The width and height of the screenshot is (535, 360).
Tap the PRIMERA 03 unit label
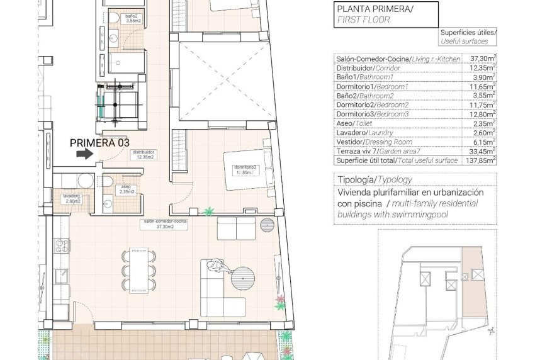tap(95, 142)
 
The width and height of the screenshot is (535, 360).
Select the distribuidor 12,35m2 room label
tap(143, 154)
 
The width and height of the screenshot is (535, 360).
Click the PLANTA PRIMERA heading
tap(374, 9)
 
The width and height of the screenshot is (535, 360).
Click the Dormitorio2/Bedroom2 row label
tap(373, 105)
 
